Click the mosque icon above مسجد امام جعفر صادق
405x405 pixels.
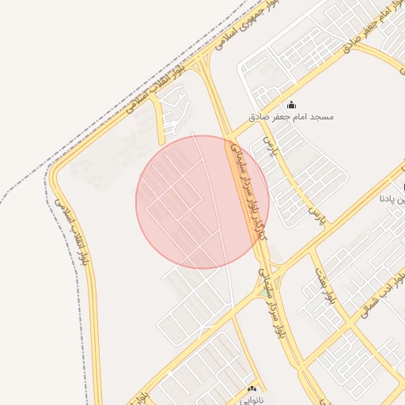[x=291, y=104]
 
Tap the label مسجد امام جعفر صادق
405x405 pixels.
[x=291, y=117]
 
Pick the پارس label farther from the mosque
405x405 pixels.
[x=316, y=212]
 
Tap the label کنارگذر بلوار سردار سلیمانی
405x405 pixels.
[x=245, y=190]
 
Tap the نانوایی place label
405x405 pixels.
[x=252, y=400]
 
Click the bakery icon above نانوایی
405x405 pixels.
[x=252, y=388]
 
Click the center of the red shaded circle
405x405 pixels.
[x=202, y=202]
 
